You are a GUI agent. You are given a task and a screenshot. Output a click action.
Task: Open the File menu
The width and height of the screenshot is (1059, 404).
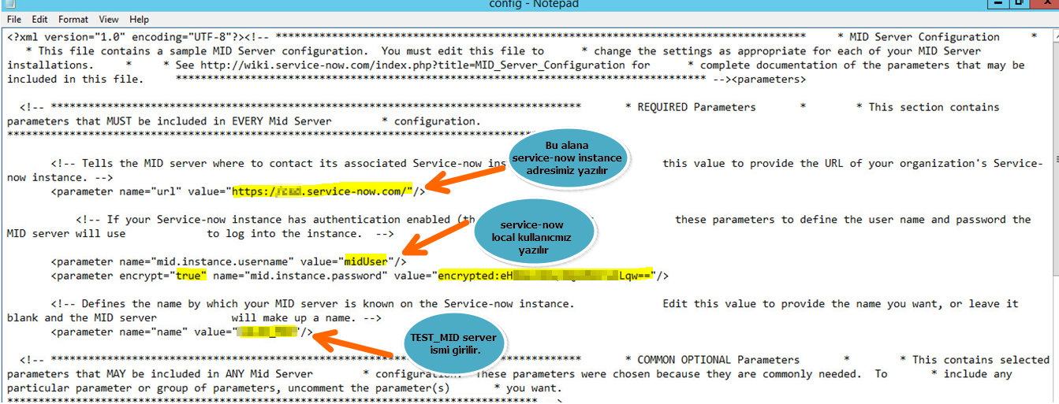[13, 19]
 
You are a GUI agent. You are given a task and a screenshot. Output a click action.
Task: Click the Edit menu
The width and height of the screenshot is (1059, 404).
[39, 19]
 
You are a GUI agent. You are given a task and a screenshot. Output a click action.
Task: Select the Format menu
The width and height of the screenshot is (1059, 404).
[73, 19]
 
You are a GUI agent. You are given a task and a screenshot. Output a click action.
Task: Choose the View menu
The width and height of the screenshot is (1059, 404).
[109, 19]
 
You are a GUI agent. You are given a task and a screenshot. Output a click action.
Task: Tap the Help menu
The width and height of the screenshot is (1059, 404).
[139, 19]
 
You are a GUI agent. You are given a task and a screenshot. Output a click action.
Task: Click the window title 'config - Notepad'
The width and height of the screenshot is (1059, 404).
[534, 5]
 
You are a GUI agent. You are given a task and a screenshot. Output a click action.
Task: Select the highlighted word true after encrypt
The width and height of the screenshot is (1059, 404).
[190, 276]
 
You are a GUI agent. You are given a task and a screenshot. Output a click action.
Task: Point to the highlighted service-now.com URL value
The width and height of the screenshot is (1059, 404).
[322, 191]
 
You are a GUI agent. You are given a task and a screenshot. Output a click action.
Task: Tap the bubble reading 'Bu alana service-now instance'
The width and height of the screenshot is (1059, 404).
[566, 158]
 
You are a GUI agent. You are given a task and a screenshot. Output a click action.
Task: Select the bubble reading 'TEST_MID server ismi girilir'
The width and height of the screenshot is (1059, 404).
[453, 343]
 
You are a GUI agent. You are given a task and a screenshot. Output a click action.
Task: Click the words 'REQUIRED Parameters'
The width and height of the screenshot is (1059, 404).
[696, 107]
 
